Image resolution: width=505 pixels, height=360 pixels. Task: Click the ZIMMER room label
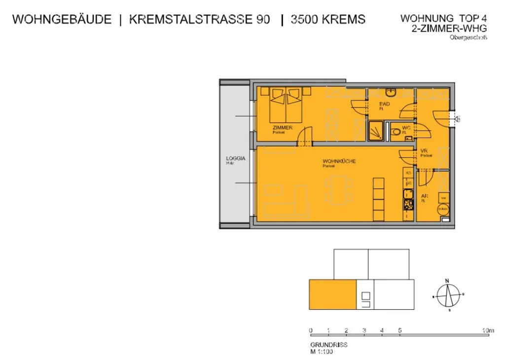pos(282,128)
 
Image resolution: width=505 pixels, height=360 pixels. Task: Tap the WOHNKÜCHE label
pos(339,161)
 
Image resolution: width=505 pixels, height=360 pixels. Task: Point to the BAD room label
pos(385,105)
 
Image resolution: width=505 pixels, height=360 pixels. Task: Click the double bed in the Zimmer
pos(286,104)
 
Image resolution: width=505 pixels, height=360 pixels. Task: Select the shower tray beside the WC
pos(376,131)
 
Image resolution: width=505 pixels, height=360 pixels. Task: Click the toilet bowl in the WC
pos(395,132)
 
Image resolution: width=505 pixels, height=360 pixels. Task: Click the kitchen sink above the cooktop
pos(408,193)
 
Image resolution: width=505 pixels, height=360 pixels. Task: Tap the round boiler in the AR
pos(442,209)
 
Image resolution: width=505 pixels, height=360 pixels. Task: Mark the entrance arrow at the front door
pos(457,118)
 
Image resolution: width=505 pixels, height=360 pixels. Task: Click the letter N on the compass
pos(447,281)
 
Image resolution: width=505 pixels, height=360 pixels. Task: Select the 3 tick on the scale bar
pos(364,330)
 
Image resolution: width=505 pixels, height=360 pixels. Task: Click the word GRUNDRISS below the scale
pos(328,345)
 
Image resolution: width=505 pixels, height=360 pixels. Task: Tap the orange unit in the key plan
pos(332,294)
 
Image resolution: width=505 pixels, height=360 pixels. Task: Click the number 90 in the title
pos(263,20)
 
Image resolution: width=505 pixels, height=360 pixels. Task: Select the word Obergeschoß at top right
pos(468,37)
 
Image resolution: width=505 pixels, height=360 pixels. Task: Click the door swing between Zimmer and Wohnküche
pos(306,135)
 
